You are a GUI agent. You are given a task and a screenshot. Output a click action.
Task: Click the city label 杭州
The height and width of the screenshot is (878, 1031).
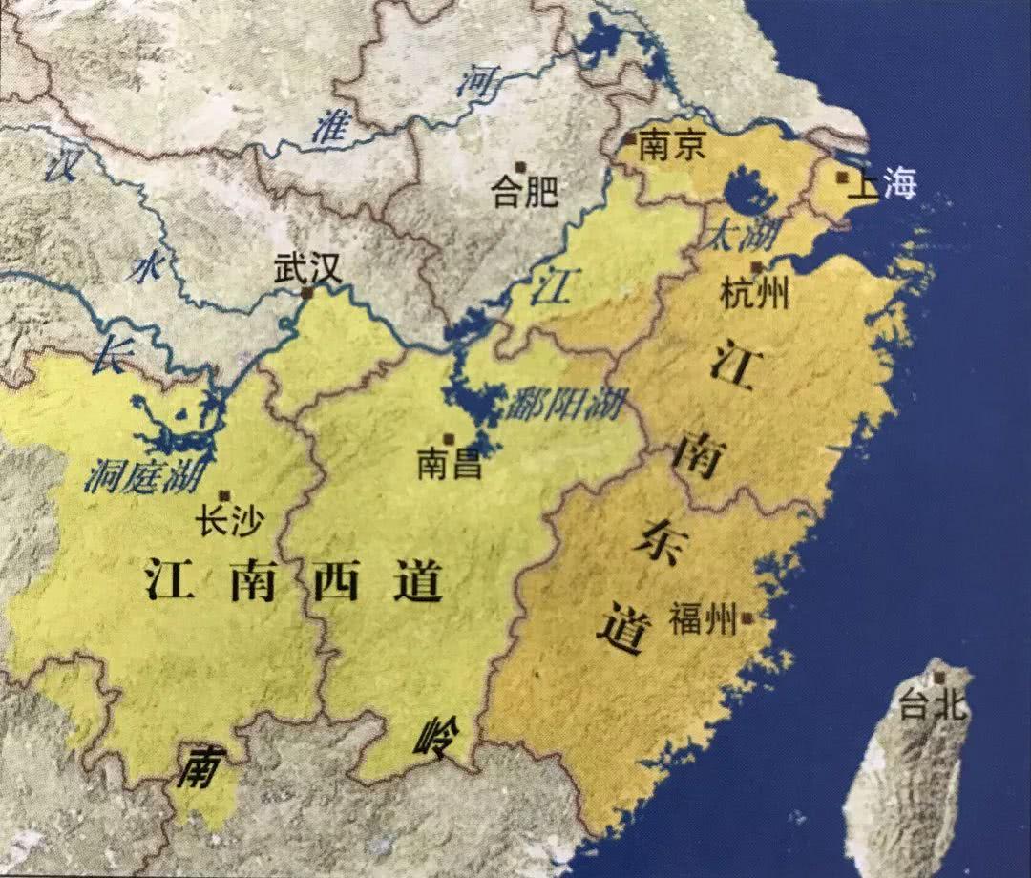coord(755,294)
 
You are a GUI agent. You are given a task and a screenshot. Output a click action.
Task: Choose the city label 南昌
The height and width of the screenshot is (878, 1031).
coord(450,465)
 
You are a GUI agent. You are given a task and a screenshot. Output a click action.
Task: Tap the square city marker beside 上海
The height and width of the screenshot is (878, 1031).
coord(842,177)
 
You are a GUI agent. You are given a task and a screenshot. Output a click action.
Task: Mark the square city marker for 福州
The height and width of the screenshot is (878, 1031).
coord(747,617)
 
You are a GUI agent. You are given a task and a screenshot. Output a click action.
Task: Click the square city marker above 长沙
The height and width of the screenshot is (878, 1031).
coord(224,494)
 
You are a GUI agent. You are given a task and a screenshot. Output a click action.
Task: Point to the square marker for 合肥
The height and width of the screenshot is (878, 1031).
coord(518,167)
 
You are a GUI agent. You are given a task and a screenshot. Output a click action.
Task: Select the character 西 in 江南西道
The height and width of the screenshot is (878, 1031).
coord(335,580)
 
